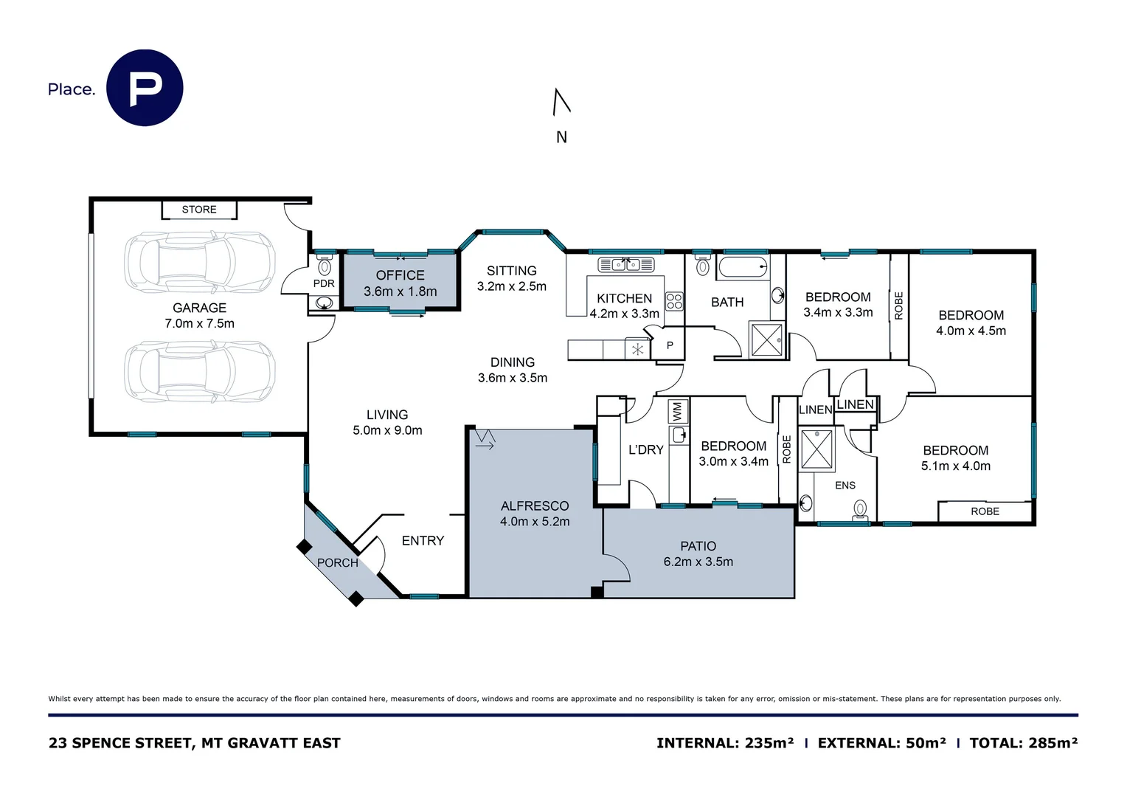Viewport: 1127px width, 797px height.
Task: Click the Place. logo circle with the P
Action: pos(145,88)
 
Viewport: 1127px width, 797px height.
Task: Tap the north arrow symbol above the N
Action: pos(561,102)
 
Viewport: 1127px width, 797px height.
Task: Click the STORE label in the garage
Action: pos(199,210)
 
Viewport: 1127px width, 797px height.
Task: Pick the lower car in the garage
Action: pos(199,371)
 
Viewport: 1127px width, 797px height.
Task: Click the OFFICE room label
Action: pos(400,275)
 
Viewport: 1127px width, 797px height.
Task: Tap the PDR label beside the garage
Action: pos(324,283)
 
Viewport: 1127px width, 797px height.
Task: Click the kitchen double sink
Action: pos(625,264)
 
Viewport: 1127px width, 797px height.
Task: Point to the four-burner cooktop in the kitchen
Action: pos(674,300)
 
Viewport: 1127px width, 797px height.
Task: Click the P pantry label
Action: pos(670,345)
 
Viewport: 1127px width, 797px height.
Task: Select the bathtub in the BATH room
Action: pos(743,267)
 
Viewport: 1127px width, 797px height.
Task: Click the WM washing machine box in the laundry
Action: pos(678,411)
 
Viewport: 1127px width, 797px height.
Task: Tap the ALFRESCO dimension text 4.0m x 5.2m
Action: pos(535,522)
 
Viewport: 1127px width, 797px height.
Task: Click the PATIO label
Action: pos(698,546)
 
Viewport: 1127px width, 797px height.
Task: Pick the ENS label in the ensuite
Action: pos(845,486)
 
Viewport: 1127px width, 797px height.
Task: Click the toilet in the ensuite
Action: pos(859,508)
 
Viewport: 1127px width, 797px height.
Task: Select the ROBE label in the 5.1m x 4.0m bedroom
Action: pos(985,511)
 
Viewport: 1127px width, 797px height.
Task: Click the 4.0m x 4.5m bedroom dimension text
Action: pos(971,331)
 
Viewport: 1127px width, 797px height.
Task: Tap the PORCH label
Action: pos(338,563)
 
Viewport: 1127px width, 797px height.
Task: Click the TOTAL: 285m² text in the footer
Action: pos(1023,743)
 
